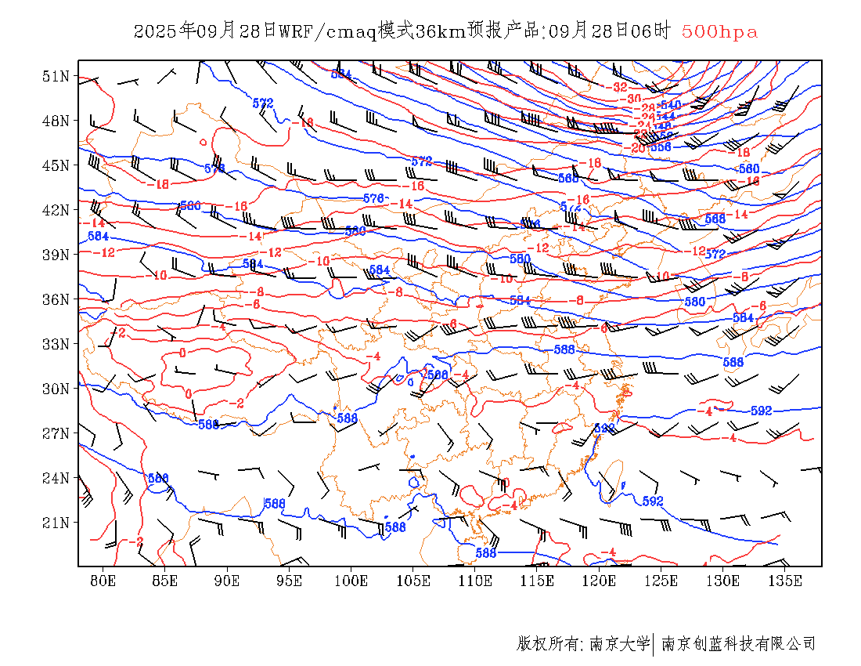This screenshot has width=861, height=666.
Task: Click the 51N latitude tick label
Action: coord(56,76)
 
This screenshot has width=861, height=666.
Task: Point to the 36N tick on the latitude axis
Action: coord(56,299)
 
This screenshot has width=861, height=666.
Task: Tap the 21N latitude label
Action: coord(56,522)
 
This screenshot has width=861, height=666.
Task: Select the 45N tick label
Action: coord(56,165)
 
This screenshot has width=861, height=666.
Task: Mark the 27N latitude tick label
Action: coord(56,433)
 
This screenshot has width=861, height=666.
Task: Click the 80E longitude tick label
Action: coord(103,581)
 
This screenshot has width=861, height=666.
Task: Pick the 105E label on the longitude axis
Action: coord(413,581)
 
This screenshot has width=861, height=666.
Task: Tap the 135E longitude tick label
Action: coord(785,581)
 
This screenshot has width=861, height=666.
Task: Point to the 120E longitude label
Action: coord(600,581)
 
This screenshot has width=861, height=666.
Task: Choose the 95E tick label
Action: coord(290,581)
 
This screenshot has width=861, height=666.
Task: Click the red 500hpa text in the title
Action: coord(719,32)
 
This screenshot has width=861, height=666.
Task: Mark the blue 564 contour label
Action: coord(341,74)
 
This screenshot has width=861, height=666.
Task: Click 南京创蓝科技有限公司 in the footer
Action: coord(738,644)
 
